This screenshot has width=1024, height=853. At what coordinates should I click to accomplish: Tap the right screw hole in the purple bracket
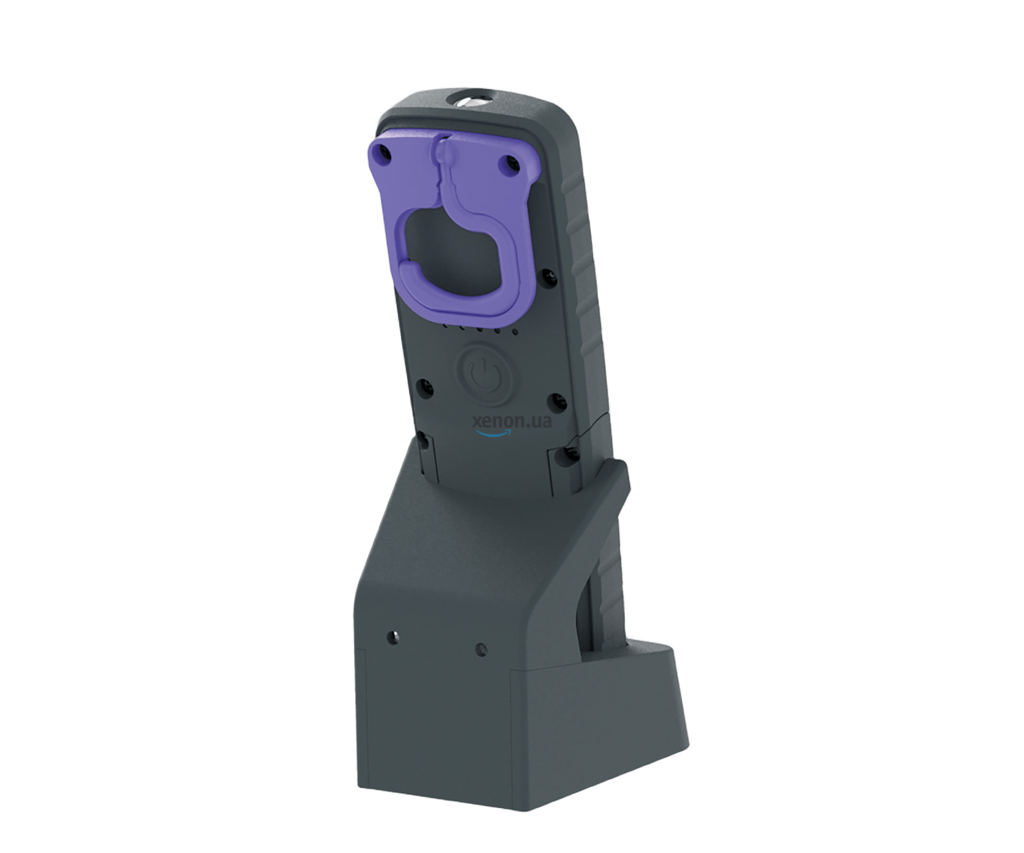pyautogui.click(x=511, y=163)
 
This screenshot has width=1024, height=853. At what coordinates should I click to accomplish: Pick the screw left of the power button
pyautogui.click(x=424, y=386)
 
